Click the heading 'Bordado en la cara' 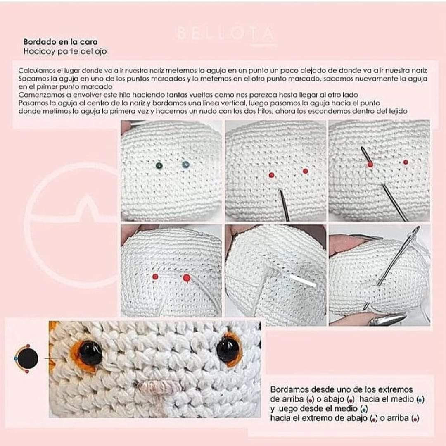(60, 42)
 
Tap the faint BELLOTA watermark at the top (225, 33)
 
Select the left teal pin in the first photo (159, 165)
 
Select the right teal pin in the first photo (185, 165)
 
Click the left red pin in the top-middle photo (271, 175)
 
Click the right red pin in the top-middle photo (305, 171)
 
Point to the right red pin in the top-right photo (406, 162)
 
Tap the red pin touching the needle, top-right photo (370, 164)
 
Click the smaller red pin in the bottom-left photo (155, 277)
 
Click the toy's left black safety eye (90, 353)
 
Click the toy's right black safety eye (228, 349)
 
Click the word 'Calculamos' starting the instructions (36, 71)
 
